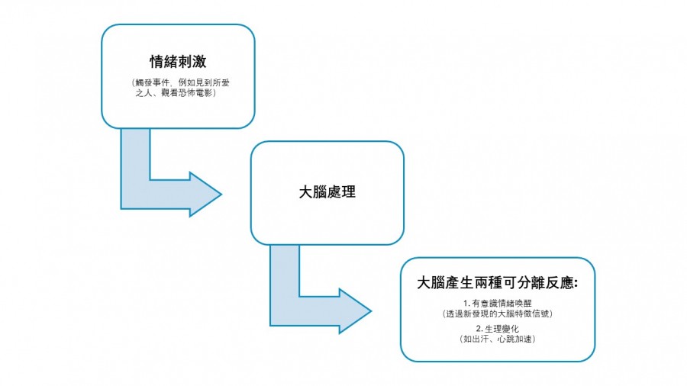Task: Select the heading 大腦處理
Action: [x=327, y=192]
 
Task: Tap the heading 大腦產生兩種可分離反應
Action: [x=496, y=282]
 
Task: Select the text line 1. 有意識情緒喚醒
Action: [x=497, y=304]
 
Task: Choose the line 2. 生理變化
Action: [x=497, y=328]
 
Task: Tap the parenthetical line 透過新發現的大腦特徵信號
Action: [x=497, y=314]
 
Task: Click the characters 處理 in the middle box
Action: [x=341, y=192]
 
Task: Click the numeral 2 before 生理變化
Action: [x=476, y=328]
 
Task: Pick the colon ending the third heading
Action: [x=574, y=283]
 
